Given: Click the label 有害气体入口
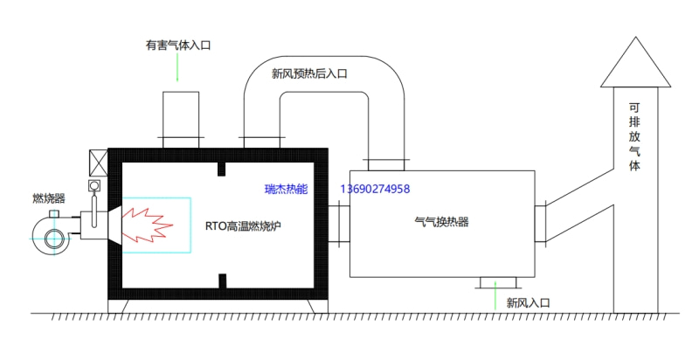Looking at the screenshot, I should pos(178,45).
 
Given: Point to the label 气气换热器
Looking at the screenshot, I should pos(442,223).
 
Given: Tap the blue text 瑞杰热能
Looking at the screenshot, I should pos(287,189).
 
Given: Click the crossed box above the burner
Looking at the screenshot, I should pos(96,163).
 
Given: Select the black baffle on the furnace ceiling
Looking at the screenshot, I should pos(223,168).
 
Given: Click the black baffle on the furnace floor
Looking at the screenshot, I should pos(223,280).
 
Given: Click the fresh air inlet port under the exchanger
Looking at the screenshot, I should pos(497,281).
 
